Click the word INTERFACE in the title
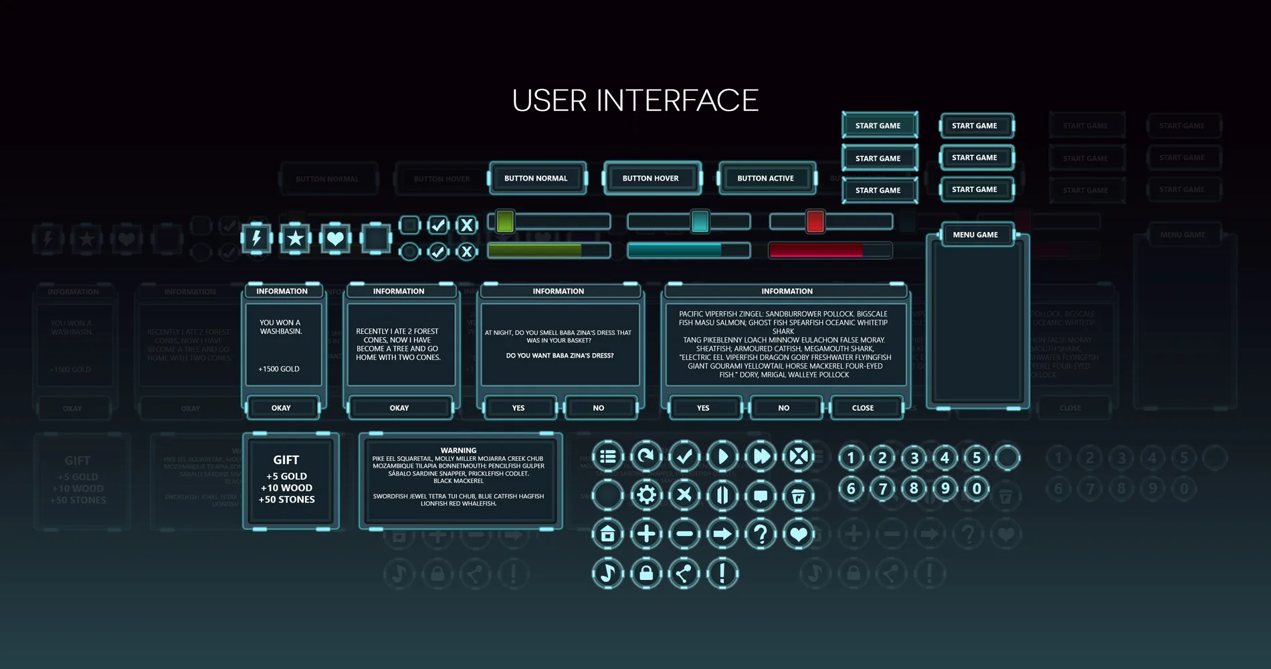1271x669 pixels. (x=677, y=101)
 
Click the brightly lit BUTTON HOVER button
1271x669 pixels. (x=651, y=179)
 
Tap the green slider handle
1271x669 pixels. (x=505, y=221)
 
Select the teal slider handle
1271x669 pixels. (x=700, y=221)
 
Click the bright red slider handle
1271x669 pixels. (x=815, y=221)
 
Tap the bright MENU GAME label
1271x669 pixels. (x=975, y=235)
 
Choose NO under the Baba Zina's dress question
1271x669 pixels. (x=599, y=407)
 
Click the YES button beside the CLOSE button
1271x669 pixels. (x=703, y=407)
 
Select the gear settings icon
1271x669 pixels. (x=646, y=495)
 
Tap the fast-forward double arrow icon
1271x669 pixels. (x=761, y=456)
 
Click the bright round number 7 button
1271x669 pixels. (x=882, y=488)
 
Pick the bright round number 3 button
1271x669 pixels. (x=914, y=458)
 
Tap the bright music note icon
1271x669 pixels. (x=607, y=573)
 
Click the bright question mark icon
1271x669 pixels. (x=761, y=534)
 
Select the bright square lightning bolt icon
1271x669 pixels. (x=256, y=237)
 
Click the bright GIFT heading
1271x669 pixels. (x=286, y=460)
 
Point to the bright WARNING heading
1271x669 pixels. (x=458, y=450)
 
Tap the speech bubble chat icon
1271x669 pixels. (x=761, y=496)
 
